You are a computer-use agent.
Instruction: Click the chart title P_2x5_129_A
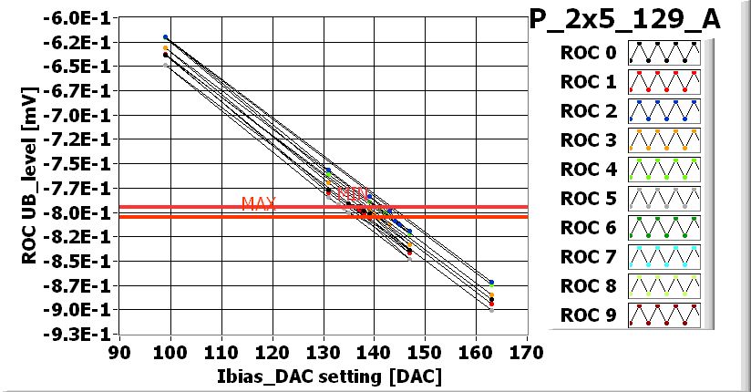coord(625,20)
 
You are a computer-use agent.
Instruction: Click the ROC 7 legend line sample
coord(664,257)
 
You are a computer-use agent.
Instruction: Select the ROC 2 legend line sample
coord(664,111)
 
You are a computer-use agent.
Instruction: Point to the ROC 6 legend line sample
coord(664,228)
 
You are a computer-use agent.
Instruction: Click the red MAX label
coord(259,203)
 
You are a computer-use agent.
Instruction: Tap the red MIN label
coord(354,194)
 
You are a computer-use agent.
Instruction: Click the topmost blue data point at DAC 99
coord(165,37)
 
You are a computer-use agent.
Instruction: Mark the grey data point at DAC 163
coord(491,310)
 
